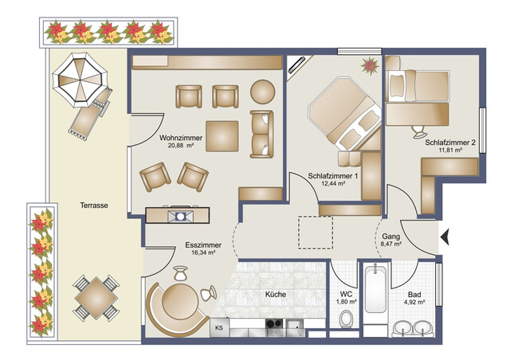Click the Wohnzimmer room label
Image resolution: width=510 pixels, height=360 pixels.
[180, 137]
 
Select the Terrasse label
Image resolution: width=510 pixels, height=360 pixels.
[94, 205]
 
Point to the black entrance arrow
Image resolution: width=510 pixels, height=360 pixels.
[445, 235]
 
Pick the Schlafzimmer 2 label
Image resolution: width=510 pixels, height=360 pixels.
[450, 143]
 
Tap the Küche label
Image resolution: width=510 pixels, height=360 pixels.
[276, 294]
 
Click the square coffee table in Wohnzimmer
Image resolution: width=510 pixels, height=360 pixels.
[222, 136]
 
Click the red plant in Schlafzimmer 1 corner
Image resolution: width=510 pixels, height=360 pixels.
[370, 65]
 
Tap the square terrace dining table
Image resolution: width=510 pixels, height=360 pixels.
[94, 295]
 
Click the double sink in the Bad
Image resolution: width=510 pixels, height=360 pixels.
[414, 327]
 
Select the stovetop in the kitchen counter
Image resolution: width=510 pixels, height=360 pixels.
[274, 325]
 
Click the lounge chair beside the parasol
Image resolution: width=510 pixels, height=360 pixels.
[90, 111]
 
